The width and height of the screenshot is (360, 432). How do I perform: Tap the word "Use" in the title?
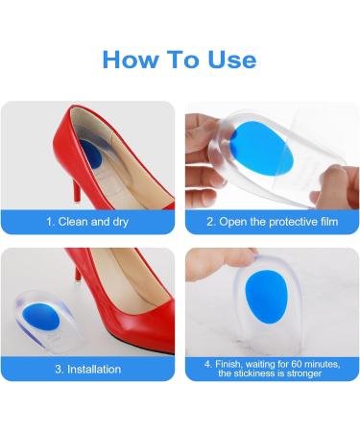tap(232, 60)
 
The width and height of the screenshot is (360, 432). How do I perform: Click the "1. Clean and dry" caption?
tap(87, 222)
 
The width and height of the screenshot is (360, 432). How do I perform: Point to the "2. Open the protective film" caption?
tap(273, 222)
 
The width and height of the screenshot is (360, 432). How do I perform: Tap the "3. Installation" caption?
tap(88, 370)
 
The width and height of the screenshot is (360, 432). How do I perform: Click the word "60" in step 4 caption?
tap(298, 364)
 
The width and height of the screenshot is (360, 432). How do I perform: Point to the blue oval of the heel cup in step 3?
tap(40, 318)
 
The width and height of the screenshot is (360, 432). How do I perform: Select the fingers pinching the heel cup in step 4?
tap(221, 263)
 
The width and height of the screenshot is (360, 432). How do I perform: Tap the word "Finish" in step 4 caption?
tap(228, 365)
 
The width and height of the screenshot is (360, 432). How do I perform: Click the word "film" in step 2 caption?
tap(329, 222)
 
